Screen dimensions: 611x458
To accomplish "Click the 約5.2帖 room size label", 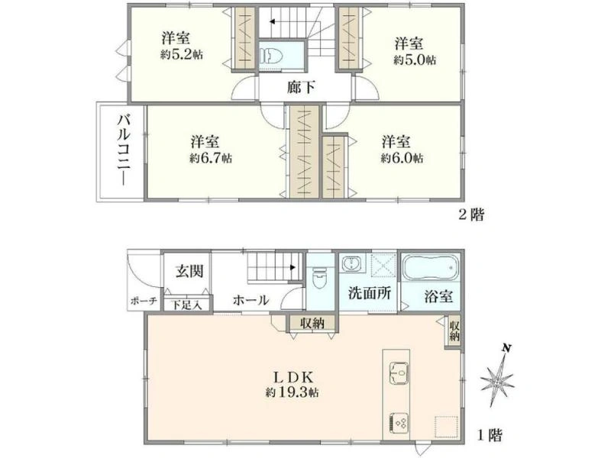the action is click(182, 54).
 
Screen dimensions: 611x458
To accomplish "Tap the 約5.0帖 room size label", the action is click(415, 60).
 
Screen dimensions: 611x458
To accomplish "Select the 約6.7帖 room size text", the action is click(211, 158).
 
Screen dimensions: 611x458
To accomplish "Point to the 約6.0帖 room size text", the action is click(402, 158).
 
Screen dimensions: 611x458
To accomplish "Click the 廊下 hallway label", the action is click(301, 87).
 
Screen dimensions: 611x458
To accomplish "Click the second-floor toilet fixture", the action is click(272, 56).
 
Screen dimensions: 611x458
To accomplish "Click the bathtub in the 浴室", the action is click(431, 267).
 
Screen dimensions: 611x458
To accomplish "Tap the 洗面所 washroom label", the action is click(370, 293).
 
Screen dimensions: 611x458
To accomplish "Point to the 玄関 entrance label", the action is click(189, 271).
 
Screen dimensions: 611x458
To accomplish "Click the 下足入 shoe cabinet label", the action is click(187, 305).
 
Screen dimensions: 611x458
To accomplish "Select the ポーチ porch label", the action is click(144, 301).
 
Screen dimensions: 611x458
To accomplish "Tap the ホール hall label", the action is click(251, 300).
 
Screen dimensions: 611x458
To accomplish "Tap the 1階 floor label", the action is click(490, 434).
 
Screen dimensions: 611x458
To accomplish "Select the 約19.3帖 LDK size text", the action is click(293, 392).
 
